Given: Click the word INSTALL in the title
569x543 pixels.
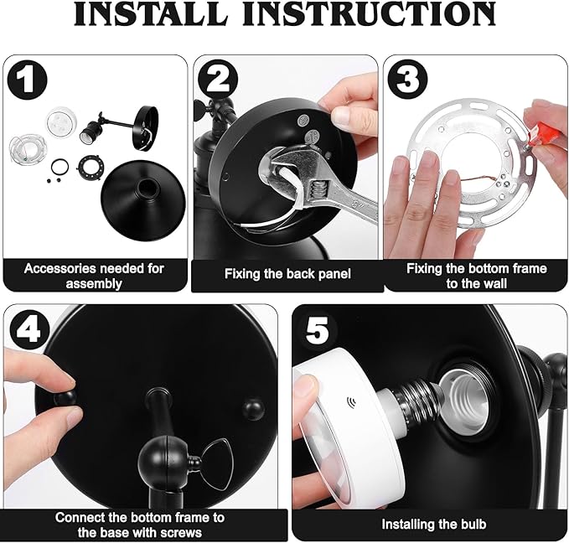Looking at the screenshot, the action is click(151, 13).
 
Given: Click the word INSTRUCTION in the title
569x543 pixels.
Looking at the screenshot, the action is click(370, 13).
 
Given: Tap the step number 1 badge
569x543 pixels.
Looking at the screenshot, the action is click(27, 80).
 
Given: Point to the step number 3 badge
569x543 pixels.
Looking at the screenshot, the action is click(407, 80).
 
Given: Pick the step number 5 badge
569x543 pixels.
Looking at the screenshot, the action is click(317, 329).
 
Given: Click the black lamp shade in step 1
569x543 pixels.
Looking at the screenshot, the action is click(143, 199).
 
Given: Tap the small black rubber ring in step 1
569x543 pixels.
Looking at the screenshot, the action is click(59, 168).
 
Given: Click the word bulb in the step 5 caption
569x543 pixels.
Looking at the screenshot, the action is click(470, 524).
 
